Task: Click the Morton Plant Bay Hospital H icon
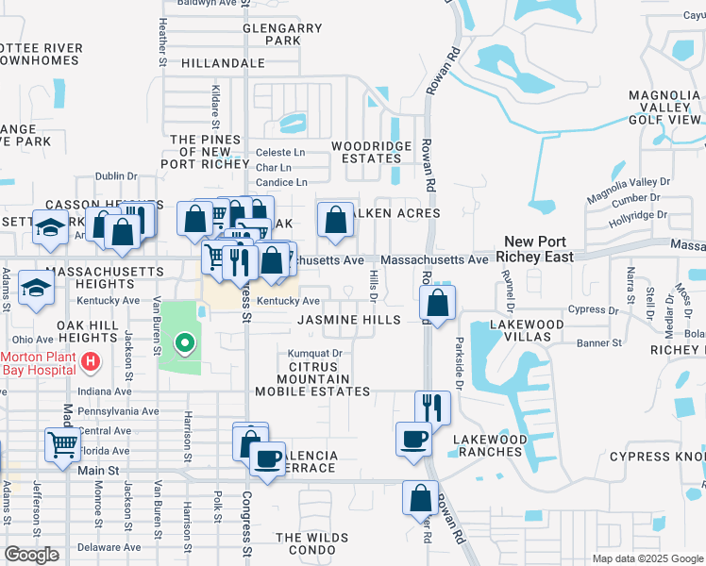click(x=90, y=361)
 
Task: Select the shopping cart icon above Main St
click(x=62, y=443)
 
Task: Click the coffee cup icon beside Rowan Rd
click(x=413, y=440)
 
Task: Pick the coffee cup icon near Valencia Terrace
click(x=268, y=458)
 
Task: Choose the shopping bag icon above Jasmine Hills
click(x=437, y=304)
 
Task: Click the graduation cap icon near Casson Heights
click(x=49, y=228)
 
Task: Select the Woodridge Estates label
click(x=371, y=153)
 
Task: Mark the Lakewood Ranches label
click(x=488, y=445)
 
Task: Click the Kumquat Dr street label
click(x=314, y=354)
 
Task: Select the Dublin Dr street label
click(x=117, y=175)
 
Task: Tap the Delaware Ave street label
click(x=109, y=547)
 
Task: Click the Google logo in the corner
click(x=31, y=555)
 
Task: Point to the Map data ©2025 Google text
click(x=647, y=558)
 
